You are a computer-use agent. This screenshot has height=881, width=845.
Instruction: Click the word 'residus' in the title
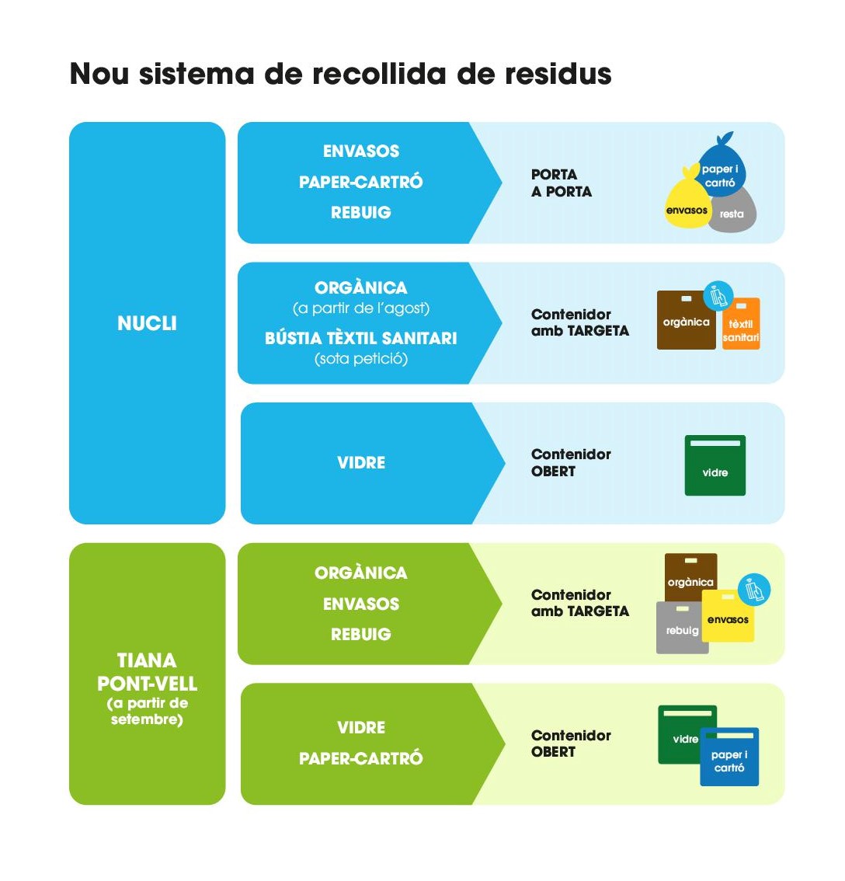click(558, 74)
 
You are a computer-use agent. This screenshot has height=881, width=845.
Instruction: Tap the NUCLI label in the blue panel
click(147, 323)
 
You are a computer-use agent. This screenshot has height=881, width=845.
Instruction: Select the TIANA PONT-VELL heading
click(147, 672)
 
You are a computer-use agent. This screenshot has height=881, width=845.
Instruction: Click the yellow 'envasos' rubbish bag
click(687, 204)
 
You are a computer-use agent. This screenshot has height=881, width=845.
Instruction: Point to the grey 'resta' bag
click(735, 212)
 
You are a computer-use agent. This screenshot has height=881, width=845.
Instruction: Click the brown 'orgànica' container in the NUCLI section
click(685, 321)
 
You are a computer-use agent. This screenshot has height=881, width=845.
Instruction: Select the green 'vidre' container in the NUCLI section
click(715, 466)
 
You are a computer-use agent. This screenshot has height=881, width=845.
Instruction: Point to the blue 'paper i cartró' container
click(729, 757)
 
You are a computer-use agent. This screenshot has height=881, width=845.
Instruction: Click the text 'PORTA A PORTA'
click(561, 183)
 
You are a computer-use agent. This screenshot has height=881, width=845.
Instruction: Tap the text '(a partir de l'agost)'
click(361, 308)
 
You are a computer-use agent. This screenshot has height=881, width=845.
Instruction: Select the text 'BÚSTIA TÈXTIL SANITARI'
click(361, 338)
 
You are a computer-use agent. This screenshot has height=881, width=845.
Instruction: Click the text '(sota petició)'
click(361, 359)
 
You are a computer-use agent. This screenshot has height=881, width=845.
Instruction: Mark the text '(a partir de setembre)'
click(147, 711)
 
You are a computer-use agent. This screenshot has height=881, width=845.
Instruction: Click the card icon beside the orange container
click(718, 296)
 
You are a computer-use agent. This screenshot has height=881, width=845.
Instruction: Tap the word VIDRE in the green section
click(361, 727)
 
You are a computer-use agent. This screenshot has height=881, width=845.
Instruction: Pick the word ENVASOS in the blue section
click(361, 151)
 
